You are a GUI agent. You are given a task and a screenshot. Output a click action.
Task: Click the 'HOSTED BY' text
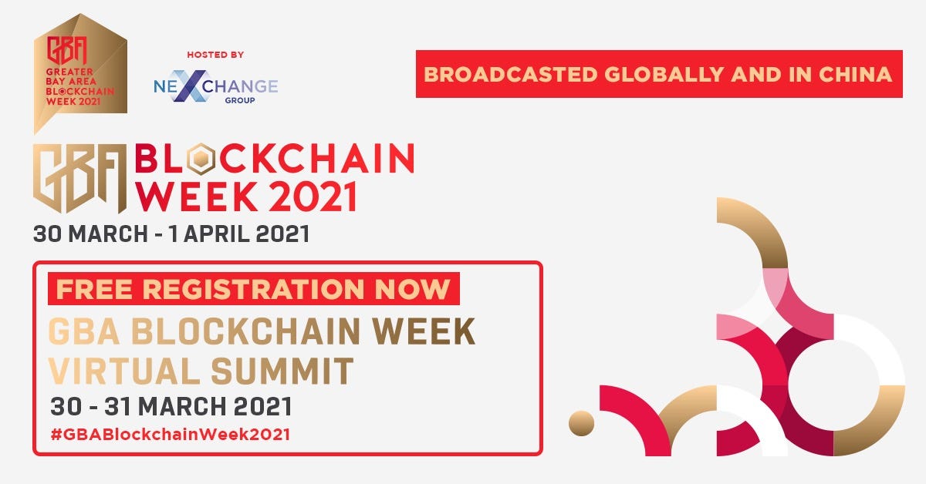(x=215, y=55)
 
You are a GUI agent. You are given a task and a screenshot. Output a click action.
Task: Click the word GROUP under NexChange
(x=240, y=100)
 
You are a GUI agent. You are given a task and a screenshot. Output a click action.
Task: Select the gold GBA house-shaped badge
(x=80, y=73)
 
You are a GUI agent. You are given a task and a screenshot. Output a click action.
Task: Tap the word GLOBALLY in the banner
(x=664, y=75)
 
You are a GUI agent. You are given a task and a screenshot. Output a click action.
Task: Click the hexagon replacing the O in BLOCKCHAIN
(x=201, y=158)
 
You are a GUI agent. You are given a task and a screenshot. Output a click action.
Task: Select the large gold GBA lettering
(x=79, y=178)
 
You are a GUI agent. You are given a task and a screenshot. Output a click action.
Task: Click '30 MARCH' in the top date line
(x=90, y=234)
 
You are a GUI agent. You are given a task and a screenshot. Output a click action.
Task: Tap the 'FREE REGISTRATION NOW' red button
(x=253, y=289)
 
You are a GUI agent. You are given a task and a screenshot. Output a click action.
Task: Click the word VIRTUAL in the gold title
(x=124, y=371)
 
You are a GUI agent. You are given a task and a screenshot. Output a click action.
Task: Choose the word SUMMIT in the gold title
(x=282, y=371)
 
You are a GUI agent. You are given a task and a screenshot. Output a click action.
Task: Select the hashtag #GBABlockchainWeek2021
(x=171, y=435)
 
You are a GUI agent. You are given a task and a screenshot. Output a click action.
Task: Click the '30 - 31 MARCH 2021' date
(x=171, y=406)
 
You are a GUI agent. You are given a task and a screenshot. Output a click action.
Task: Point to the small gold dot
(x=581, y=423)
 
